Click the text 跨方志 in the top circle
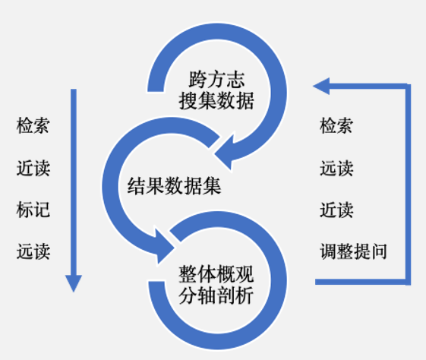point(216,79)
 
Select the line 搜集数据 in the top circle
point(216,101)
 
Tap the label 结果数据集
point(174,186)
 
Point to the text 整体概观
point(216,274)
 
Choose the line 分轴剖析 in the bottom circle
point(216,295)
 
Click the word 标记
point(33,210)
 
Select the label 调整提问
point(353,251)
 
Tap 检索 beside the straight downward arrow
point(33,125)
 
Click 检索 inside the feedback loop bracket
point(336,125)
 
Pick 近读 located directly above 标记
point(33,168)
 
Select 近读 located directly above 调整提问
point(336,210)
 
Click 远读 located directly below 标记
point(33,251)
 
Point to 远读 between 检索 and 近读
point(336,168)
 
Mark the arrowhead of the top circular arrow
point(225,153)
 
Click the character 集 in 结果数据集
point(212,186)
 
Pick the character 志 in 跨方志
point(236,79)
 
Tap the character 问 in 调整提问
point(379,251)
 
